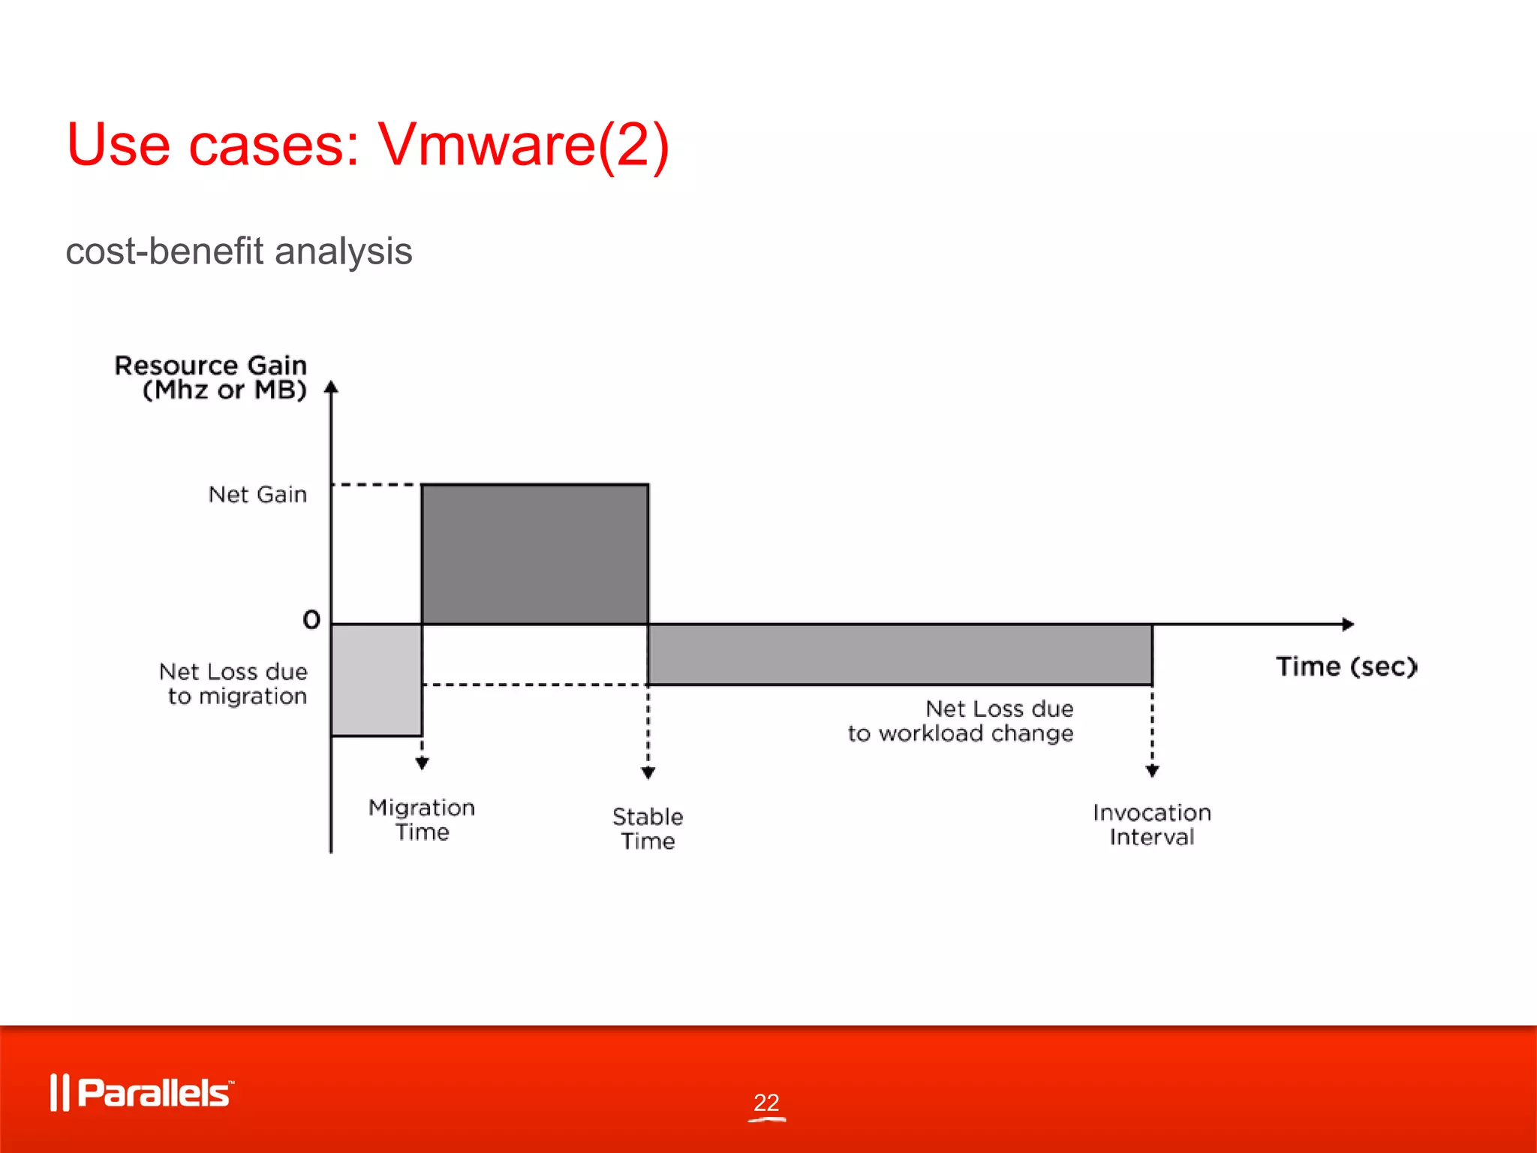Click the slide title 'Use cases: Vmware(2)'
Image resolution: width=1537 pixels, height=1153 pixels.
(x=368, y=144)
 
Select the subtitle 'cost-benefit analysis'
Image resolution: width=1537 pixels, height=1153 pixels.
(x=239, y=251)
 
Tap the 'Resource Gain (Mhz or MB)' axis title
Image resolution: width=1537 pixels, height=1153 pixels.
(x=211, y=378)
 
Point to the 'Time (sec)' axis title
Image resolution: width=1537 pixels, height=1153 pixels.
(x=1346, y=667)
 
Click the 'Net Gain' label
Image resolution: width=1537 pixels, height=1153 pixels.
(x=257, y=495)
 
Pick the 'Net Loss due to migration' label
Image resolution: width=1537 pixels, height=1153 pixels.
(x=233, y=684)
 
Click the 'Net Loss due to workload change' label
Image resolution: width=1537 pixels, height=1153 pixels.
(x=961, y=721)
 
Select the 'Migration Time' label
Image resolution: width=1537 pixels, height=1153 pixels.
(x=422, y=820)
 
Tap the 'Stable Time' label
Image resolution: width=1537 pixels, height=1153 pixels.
(x=648, y=829)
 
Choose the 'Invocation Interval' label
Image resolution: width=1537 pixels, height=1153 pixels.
(x=1152, y=825)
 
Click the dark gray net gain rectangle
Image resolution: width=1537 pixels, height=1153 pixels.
(x=535, y=554)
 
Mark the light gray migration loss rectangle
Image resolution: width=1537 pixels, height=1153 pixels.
(x=377, y=679)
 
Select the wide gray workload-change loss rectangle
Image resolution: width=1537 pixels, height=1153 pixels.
(x=900, y=654)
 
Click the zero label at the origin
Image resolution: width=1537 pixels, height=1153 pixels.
(x=311, y=620)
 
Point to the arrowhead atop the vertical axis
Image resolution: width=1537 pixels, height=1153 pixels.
(x=331, y=387)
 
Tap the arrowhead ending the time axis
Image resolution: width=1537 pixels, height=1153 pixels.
(x=1348, y=624)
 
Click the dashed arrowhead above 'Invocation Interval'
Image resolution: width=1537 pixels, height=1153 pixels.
(x=1153, y=771)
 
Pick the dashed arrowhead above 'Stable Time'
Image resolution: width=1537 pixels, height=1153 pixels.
(x=648, y=773)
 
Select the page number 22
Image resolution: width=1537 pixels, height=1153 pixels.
(x=766, y=1102)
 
